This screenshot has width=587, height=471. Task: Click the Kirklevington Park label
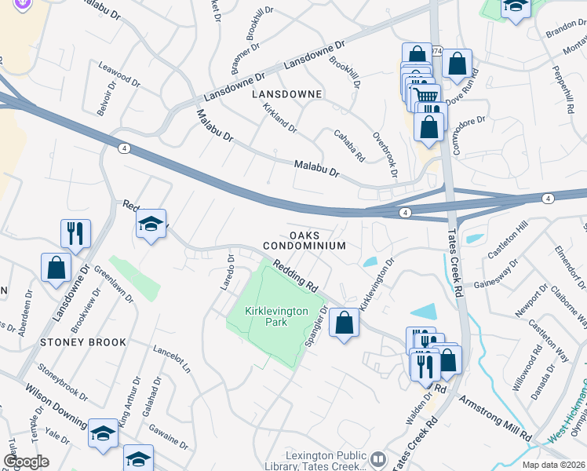(277, 316)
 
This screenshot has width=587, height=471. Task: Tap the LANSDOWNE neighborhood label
(286, 94)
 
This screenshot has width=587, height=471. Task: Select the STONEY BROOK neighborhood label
(85, 343)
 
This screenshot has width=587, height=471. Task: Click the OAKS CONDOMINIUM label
(316, 240)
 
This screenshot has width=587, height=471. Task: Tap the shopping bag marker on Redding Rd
(344, 322)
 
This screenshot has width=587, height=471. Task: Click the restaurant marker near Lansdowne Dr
(76, 232)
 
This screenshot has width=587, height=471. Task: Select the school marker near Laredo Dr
(151, 224)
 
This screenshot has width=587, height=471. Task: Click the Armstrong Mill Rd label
(495, 415)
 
